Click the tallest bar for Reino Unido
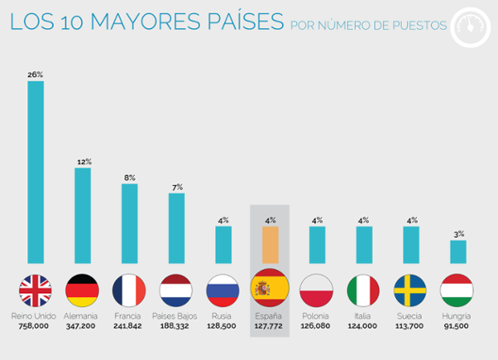click(36, 173)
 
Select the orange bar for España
click(271, 245)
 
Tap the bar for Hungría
click(458, 252)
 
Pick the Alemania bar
click(82, 216)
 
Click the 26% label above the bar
click(35, 75)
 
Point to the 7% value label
click(178, 187)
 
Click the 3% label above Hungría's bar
click(459, 234)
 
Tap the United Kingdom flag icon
click(35, 290)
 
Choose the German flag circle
click(82, 290)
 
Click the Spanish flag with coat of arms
click(270, 288)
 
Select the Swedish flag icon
click(410, 290)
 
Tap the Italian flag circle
click(363, 290)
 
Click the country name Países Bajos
click(174, 316)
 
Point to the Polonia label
click(315, 316)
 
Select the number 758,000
click(34, 326)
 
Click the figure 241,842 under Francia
click(128, 326)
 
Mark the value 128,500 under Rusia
click(222, 326)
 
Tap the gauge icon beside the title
click(471, 27)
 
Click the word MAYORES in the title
click(145, 22)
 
